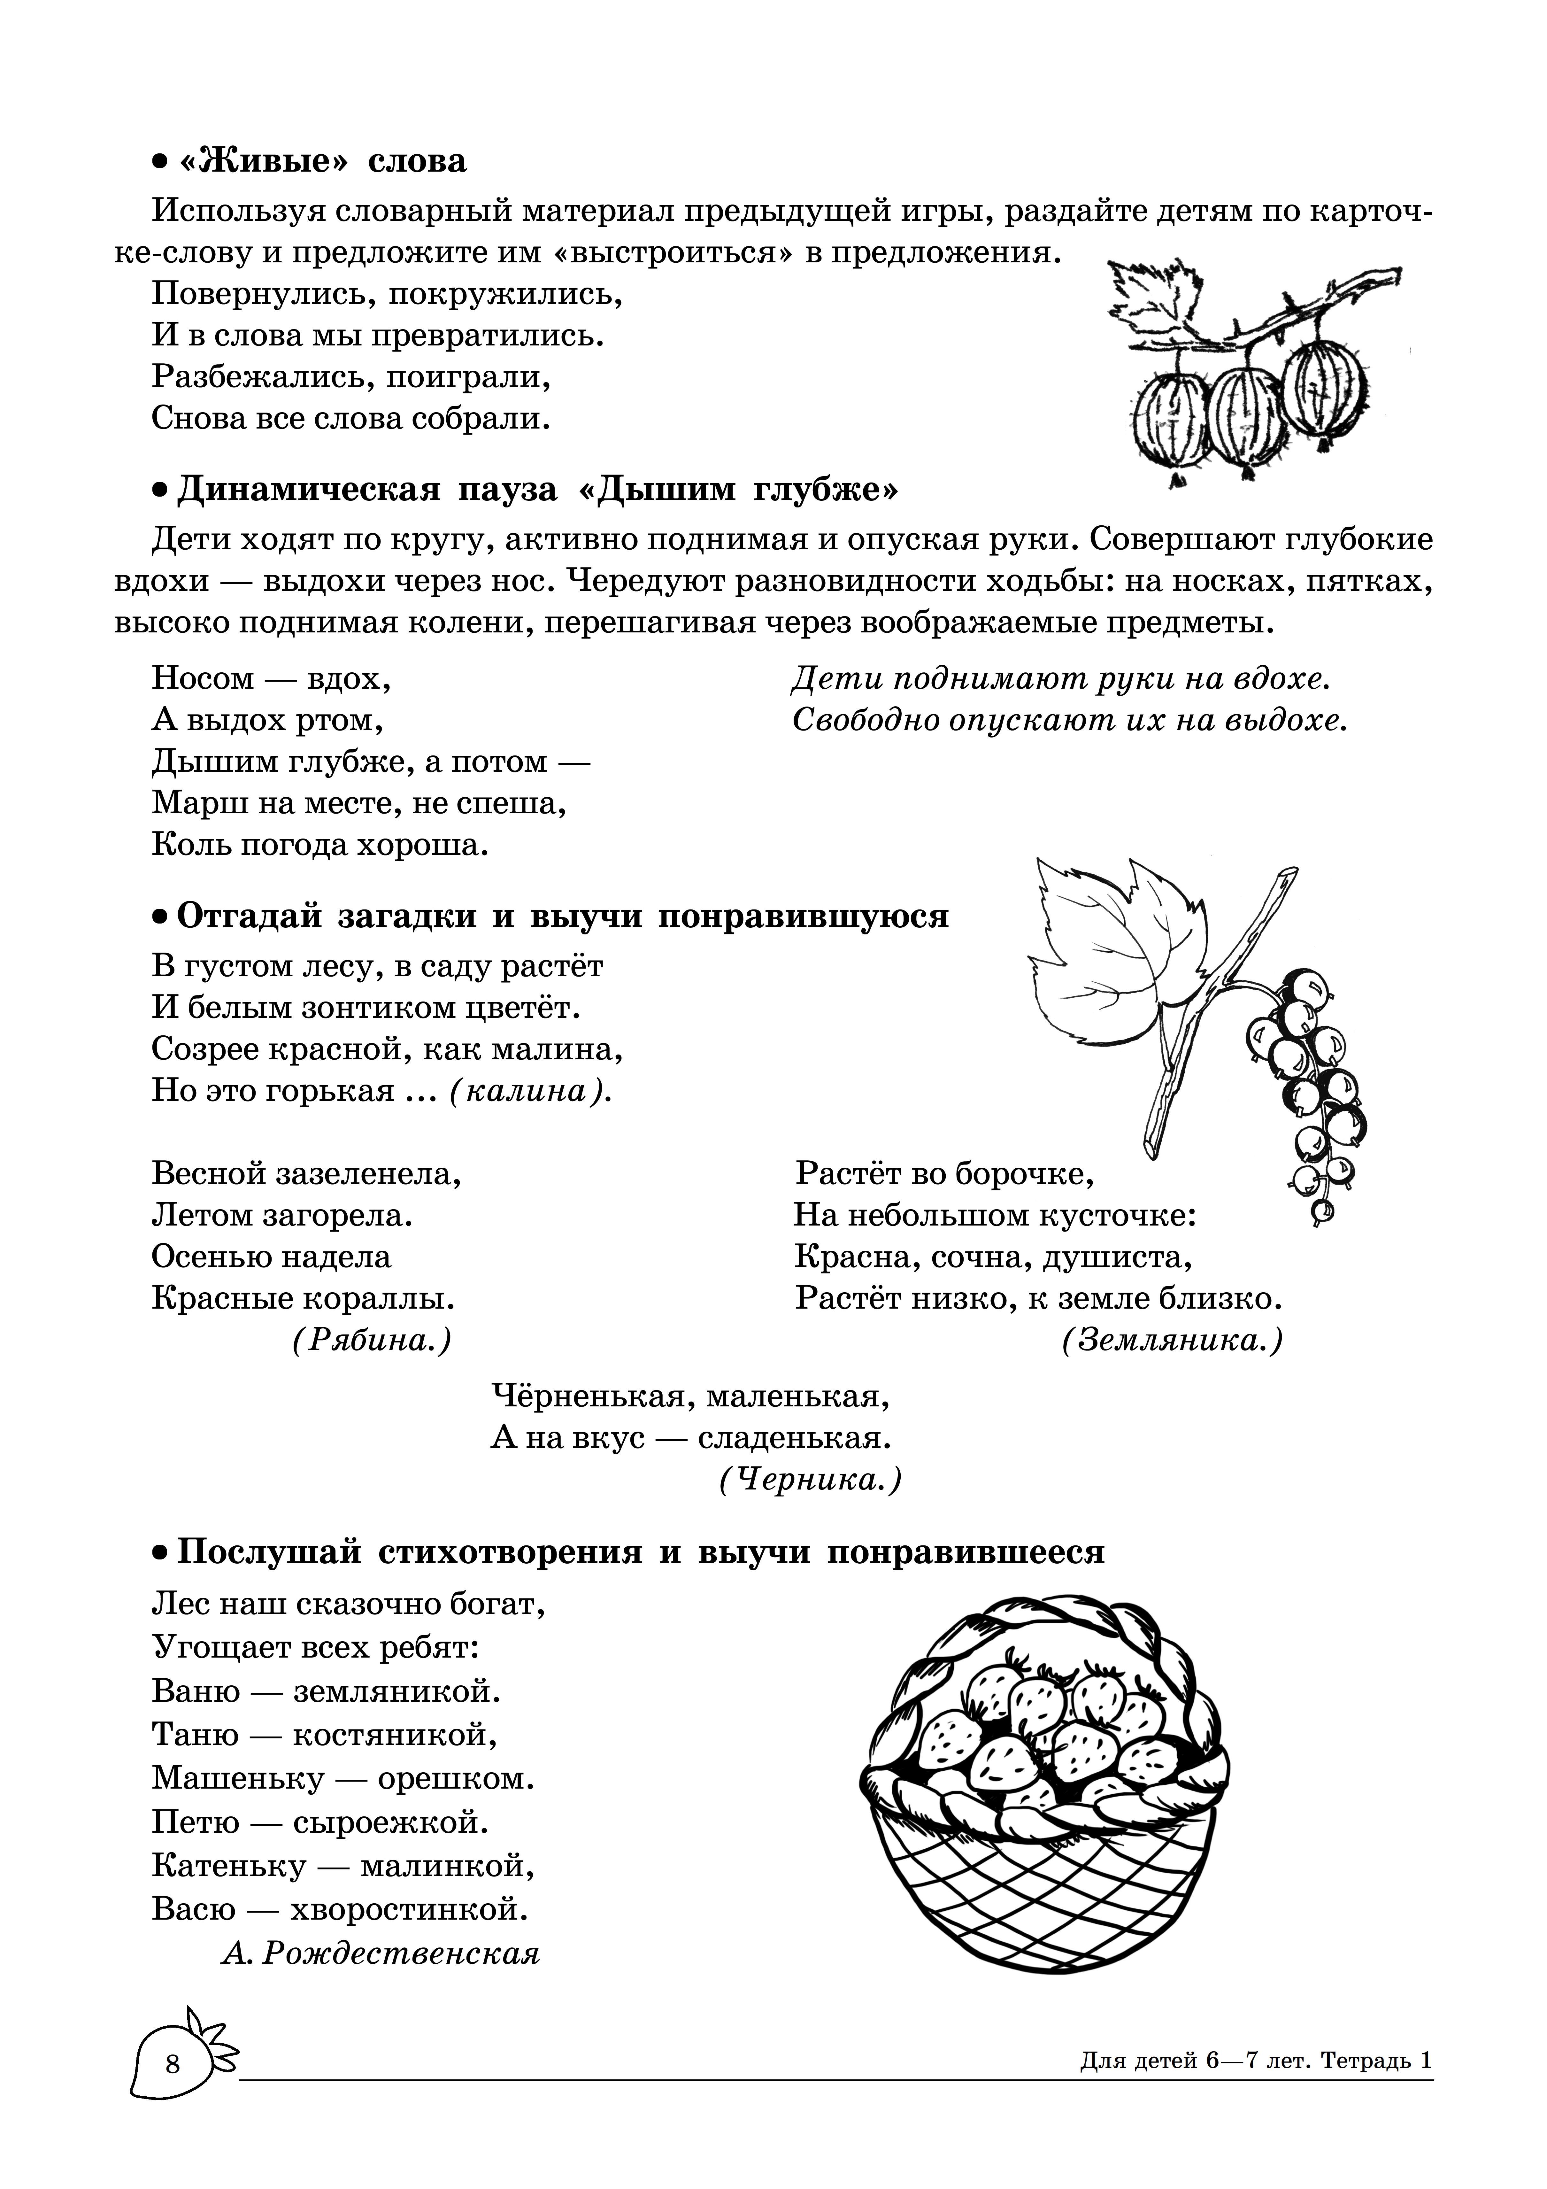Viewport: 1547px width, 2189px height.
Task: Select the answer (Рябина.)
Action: pos(372,1341)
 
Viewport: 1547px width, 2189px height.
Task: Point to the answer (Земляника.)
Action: pos(1172,1341)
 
